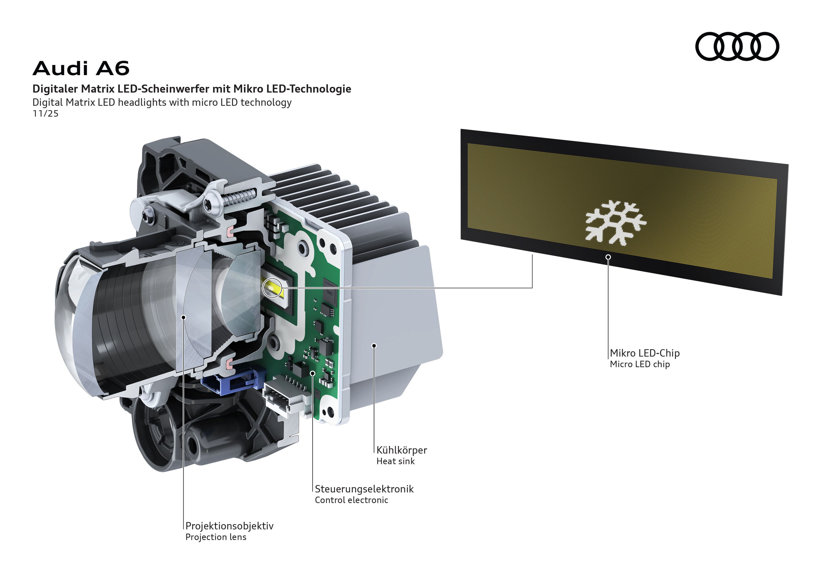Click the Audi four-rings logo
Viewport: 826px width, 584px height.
pyautogui.click(x=737, y=46)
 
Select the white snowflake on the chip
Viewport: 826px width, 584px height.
pyautogui.click(x=615, y=223)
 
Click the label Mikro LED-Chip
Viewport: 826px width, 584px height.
pyautogui.click(x=645, y=353)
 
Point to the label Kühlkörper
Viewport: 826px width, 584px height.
pyautogui.click(x=402, y=450)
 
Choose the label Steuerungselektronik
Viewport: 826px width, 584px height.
pyautogui.click(x=364, y=489)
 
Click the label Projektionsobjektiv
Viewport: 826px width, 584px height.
pyautogui.click(x=229, y=526)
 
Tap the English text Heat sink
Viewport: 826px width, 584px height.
pyautogui.click(x=396, y=461)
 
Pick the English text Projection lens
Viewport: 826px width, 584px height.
pyautogui.click(x=216, y=537)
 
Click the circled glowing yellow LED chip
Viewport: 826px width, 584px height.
pyautogui.click(x=272, y=288)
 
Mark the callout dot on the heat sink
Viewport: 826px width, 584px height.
pyautogui.click(x=374, y=345)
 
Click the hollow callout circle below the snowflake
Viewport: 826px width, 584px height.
pyautogui.click(x=608, y=257)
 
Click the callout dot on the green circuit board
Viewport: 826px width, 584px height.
pyautogui.click(x=313, y=373)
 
